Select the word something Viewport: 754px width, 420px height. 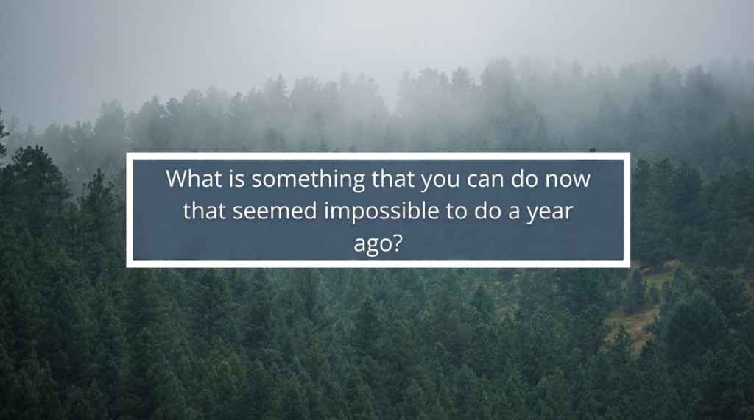coord(309,179)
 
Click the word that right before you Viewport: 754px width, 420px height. coord(392,178)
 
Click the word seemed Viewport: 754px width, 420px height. coord(275,211)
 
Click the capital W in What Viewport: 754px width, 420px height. coord(177,178)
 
